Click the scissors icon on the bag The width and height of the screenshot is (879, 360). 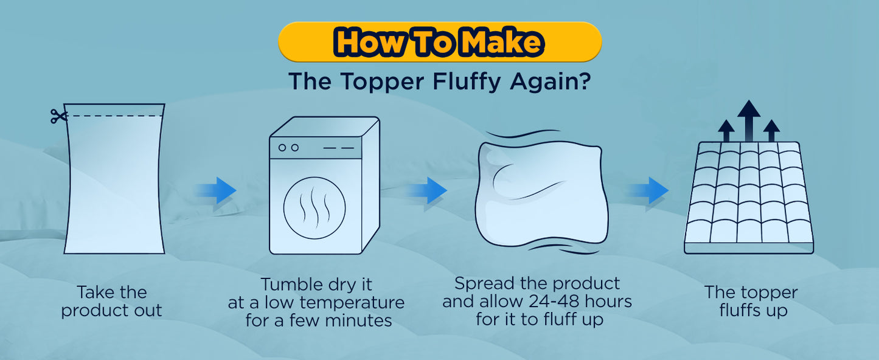58,116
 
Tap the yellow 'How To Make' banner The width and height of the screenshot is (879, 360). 440,42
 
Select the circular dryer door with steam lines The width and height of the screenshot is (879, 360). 314,208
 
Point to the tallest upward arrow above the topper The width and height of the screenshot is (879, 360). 749,120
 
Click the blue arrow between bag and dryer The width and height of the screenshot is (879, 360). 216,190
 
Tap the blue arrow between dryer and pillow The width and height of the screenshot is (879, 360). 427,190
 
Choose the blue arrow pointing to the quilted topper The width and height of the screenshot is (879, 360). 648,190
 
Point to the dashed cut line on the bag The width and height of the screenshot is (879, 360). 114,116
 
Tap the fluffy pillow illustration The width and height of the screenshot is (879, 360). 541,194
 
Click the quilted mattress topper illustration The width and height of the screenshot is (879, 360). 749,198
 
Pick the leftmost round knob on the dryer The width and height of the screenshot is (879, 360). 282,148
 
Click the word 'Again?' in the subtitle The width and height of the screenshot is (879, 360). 550,81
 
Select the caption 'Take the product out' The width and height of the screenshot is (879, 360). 111,301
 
